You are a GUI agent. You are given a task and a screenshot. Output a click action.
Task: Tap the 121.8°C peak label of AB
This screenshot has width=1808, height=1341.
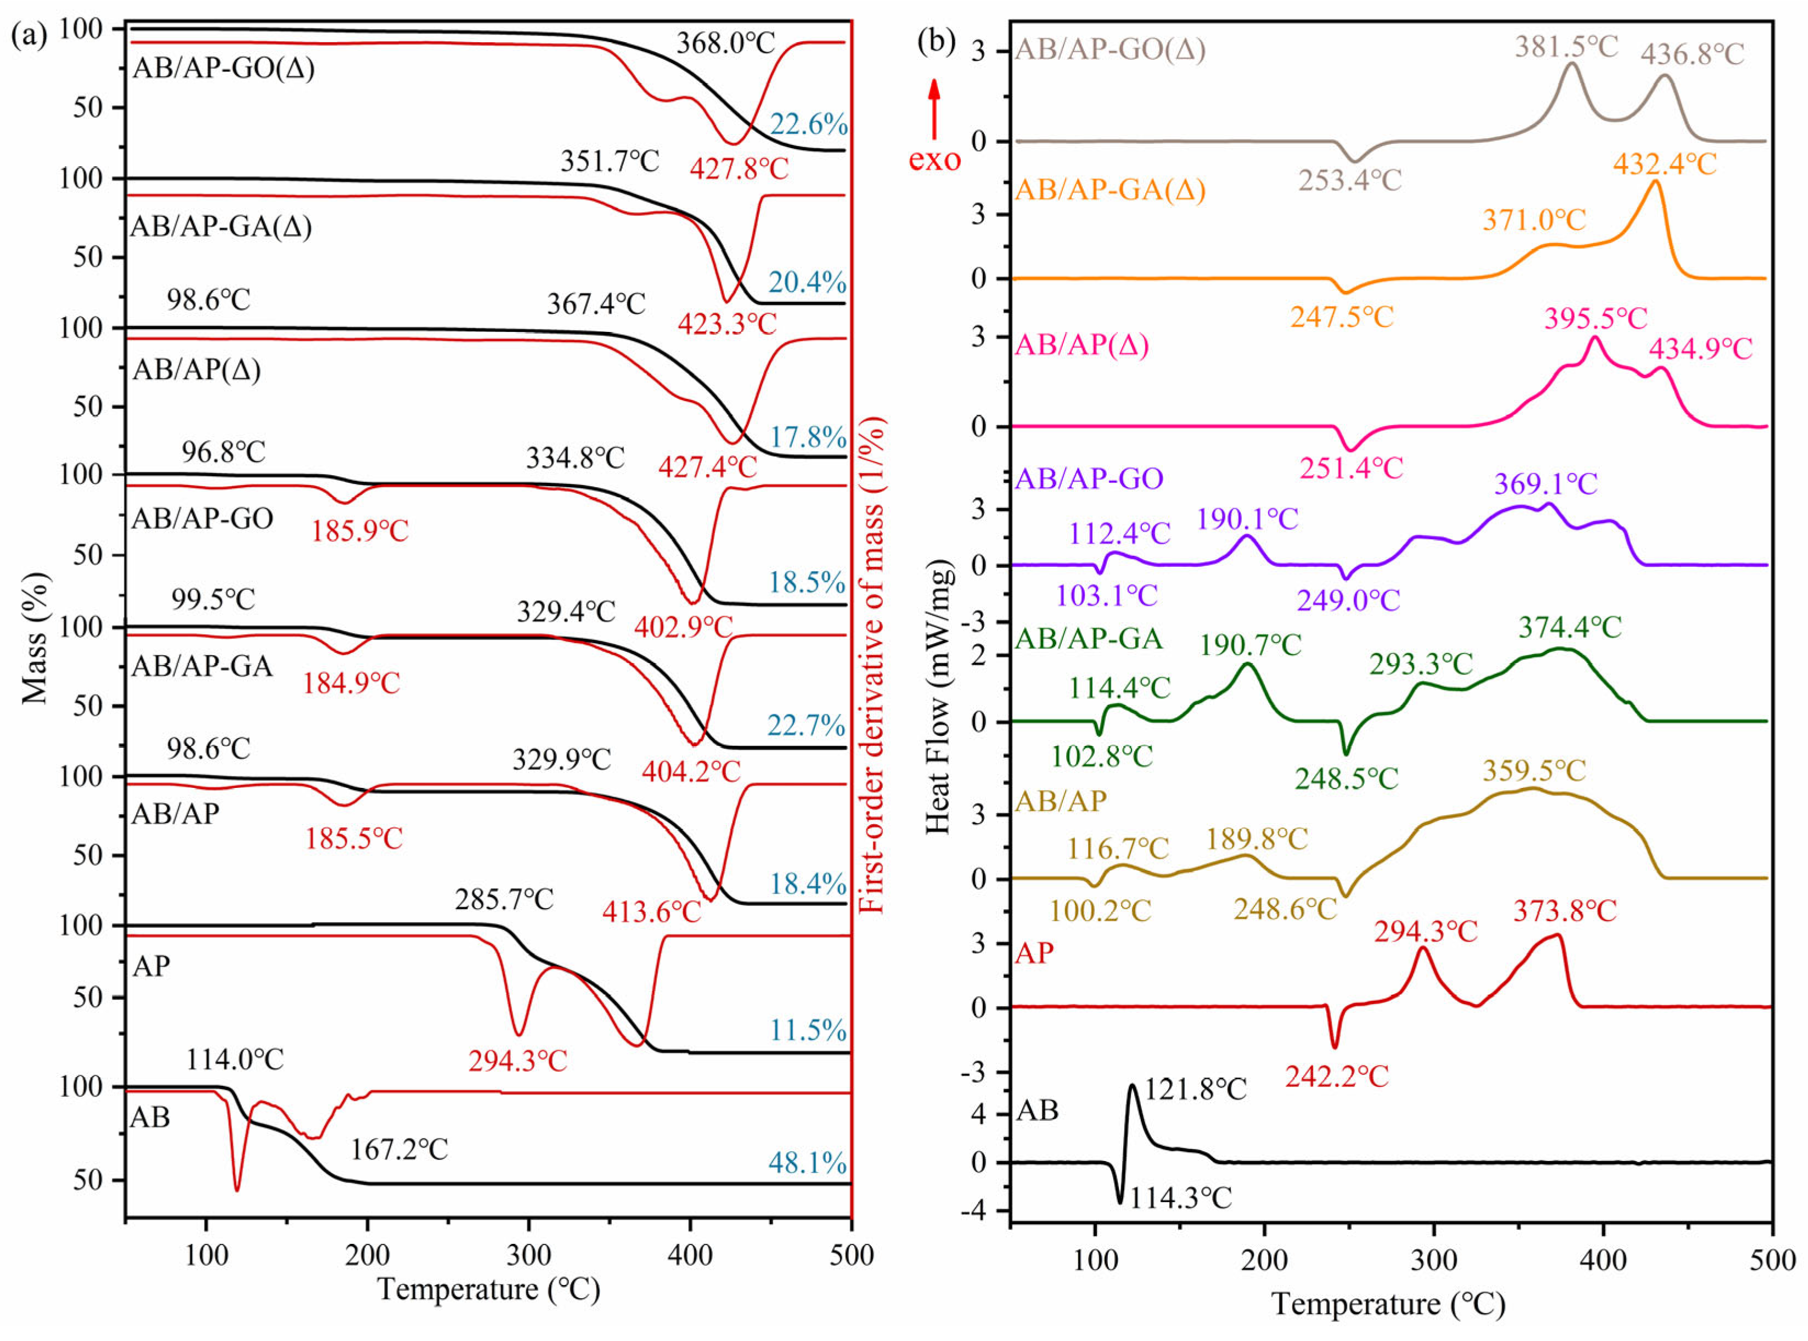(1195, 1089)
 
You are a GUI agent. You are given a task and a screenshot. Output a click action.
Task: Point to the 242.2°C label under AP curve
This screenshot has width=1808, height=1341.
(1336, 1077)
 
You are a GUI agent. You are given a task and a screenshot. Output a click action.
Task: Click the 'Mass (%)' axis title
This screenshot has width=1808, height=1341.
(35, 637)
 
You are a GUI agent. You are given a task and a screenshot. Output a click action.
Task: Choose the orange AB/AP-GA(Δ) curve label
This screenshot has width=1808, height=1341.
(1110, 190)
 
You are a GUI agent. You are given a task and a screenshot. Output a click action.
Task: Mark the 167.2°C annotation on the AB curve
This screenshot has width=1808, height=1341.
(398, 1150)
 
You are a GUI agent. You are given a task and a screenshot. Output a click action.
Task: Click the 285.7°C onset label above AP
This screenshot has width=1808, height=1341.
(504, 899)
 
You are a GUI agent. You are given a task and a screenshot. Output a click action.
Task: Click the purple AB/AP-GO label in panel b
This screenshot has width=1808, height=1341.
(1089, 478)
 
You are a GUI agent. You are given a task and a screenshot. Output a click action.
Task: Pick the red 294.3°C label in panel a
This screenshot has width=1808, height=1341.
(517, 1060)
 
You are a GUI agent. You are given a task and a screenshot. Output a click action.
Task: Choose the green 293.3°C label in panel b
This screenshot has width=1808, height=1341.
(1421, 664)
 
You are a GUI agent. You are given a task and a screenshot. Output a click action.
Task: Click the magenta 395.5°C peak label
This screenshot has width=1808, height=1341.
(1595, 317)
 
